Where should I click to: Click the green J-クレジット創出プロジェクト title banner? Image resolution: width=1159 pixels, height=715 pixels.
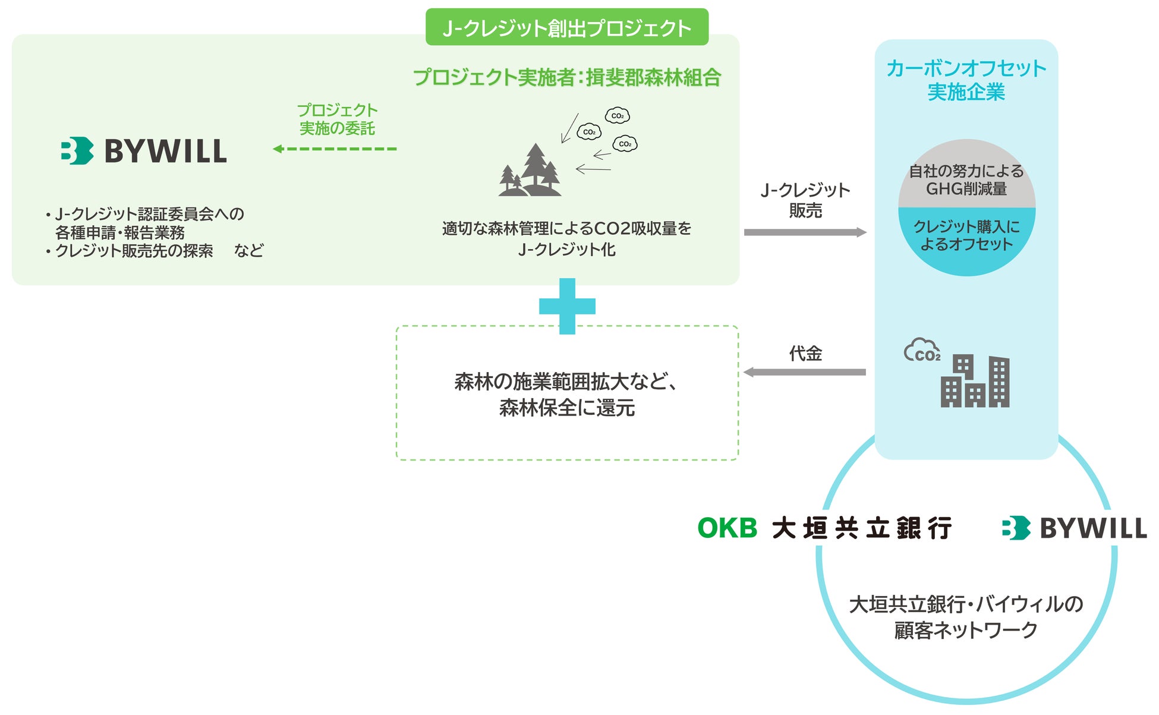566,27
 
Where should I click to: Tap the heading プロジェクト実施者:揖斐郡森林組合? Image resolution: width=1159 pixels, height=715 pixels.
566,77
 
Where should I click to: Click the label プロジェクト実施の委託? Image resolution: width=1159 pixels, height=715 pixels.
337,119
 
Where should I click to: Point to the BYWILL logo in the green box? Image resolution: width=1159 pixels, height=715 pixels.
144,150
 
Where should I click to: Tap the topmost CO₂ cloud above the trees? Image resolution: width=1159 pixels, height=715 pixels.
617,115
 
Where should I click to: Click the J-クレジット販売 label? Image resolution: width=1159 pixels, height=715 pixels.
805,200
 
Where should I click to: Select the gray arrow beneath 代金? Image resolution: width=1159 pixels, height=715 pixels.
805,372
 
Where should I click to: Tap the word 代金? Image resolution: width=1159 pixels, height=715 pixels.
805,354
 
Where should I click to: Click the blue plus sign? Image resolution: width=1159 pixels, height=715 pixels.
567,306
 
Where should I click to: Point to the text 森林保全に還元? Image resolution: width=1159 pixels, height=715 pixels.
567,408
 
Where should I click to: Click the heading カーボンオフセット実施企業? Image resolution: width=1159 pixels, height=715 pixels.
966,80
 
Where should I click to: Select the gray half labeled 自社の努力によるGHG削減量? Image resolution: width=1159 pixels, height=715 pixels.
966,179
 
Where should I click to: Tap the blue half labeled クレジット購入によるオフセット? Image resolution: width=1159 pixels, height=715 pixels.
966,235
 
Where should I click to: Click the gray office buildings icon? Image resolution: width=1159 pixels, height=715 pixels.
975,381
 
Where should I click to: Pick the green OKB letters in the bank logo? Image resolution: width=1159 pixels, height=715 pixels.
727,528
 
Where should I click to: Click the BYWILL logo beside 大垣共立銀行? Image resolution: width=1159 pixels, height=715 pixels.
1073,528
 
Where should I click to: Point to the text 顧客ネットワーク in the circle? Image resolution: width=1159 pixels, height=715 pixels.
966,630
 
